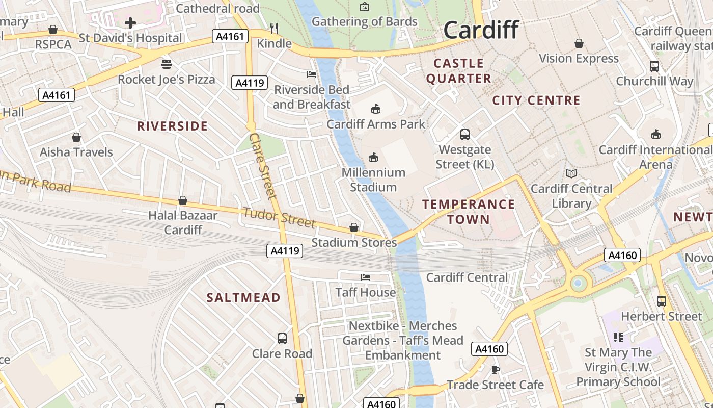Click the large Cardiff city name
(x=481, y=30)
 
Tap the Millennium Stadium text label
(x=373, y=180)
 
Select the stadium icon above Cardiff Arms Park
(x=376, y=109)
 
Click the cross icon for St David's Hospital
(x=130, y=23)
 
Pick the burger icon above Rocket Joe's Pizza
(x=167, y=64)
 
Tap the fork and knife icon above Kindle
(x=274, y=28)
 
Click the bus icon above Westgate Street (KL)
(x=465, y=135)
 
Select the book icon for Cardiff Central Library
(x=571, y=174)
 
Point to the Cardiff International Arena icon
(x=656, y=135)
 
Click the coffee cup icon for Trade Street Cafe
(x=495, y=370)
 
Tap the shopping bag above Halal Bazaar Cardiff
(x=183, y=201)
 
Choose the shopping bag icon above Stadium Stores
(x=354, y=227)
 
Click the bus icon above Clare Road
(x=282, y=339)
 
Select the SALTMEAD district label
(x=243, y=297)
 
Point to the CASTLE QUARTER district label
(x=459, y=71)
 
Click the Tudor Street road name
(x=279, y=217)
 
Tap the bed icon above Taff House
(x=366, y=277)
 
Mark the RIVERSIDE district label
(x=172, y=126)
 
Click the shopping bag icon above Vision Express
(x=579, y=44)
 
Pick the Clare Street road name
(x=263, y=166)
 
